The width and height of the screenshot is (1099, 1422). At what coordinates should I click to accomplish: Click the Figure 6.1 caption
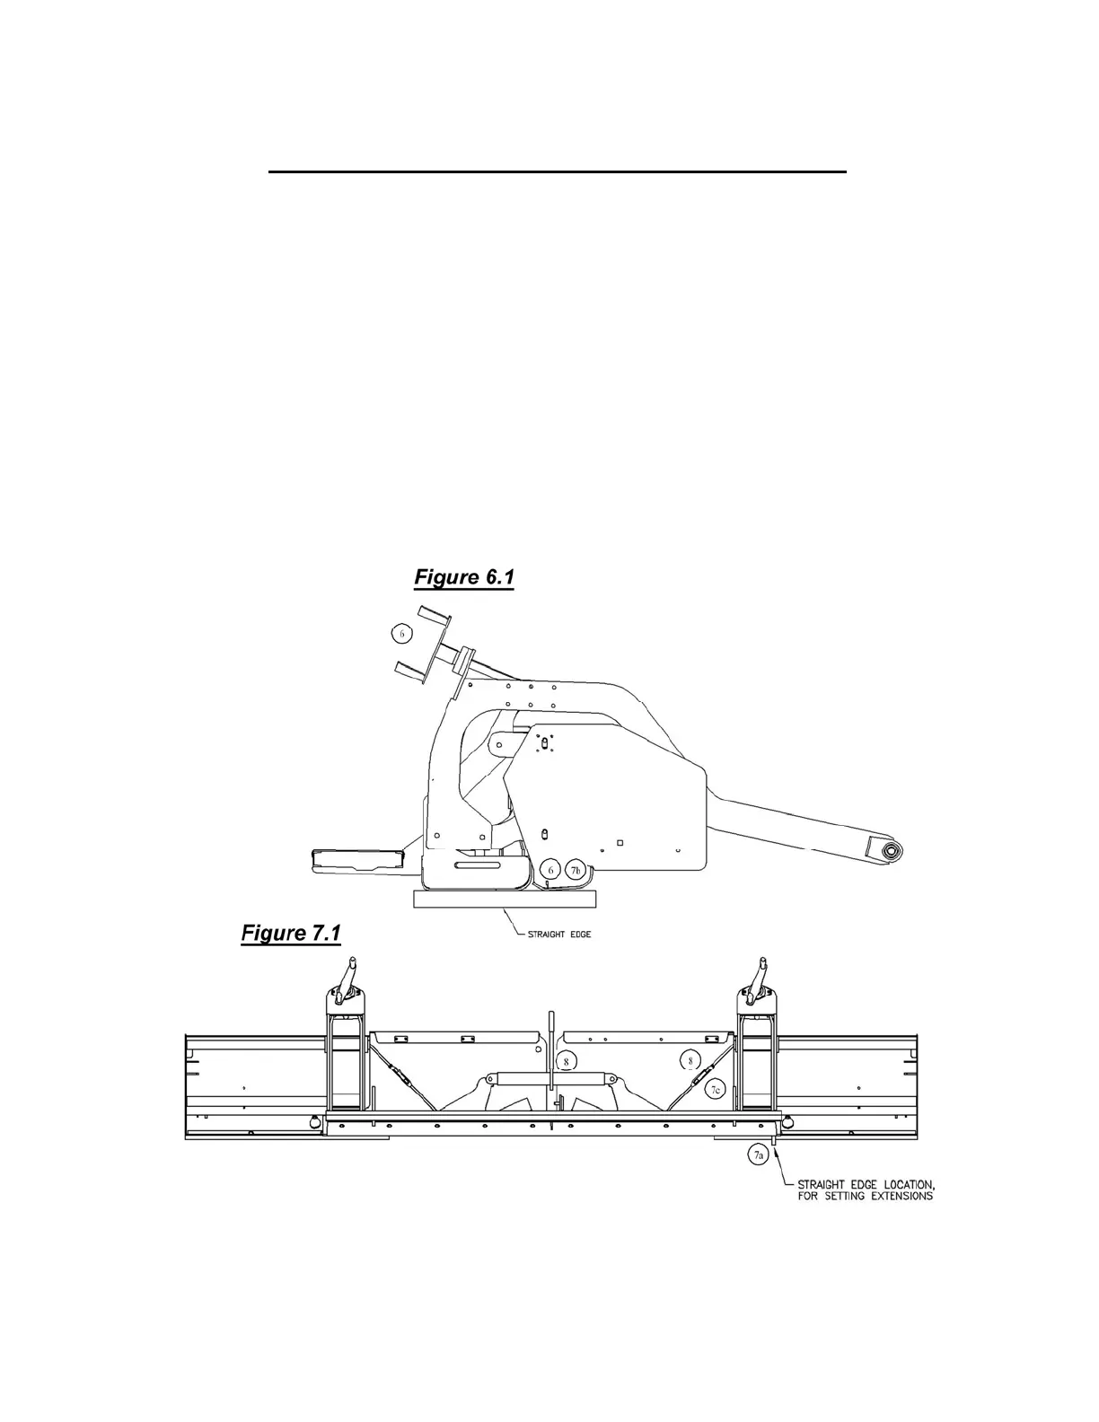(x=463, y=577)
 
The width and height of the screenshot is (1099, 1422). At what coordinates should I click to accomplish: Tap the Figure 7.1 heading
(x=291, y=934)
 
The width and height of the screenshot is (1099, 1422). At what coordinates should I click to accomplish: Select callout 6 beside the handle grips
(x=402, y=634)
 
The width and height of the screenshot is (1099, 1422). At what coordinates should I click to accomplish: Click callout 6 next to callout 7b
(x=551, y=870)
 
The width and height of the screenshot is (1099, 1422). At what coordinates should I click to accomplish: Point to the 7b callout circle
(x=576, y=870)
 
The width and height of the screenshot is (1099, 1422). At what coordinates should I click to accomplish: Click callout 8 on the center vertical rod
(x=566, y=1061)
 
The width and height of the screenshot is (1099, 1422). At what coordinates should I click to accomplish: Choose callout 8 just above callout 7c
(x=690, y=1060)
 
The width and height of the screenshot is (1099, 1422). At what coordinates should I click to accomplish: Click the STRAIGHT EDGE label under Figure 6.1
(x=559, y=935)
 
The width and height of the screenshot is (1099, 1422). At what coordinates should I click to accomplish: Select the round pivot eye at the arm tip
(x=892, y=850)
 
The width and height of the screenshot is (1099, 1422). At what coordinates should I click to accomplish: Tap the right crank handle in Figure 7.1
(x=761, y=976)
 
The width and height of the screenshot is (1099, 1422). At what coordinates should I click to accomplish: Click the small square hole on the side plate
(x=620, y=842)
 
